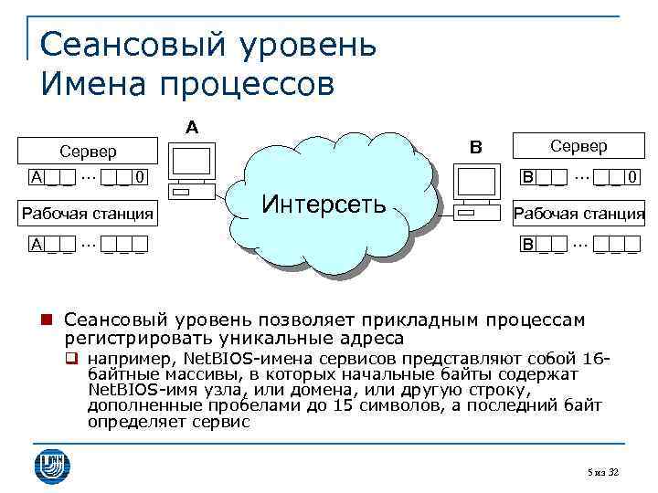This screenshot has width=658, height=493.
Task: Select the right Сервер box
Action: coord(578,145)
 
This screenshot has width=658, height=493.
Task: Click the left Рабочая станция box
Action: coord(88,215)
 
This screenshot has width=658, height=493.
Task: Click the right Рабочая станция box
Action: coord(578,215)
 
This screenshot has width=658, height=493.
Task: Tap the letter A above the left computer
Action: coord(192,126)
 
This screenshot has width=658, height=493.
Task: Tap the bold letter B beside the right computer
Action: coord(474,147)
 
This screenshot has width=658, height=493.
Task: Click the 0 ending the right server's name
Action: coord(631,175)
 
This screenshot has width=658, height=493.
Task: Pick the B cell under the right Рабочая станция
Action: coord(527,244)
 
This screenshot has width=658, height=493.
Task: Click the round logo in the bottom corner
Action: coord(51,465)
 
